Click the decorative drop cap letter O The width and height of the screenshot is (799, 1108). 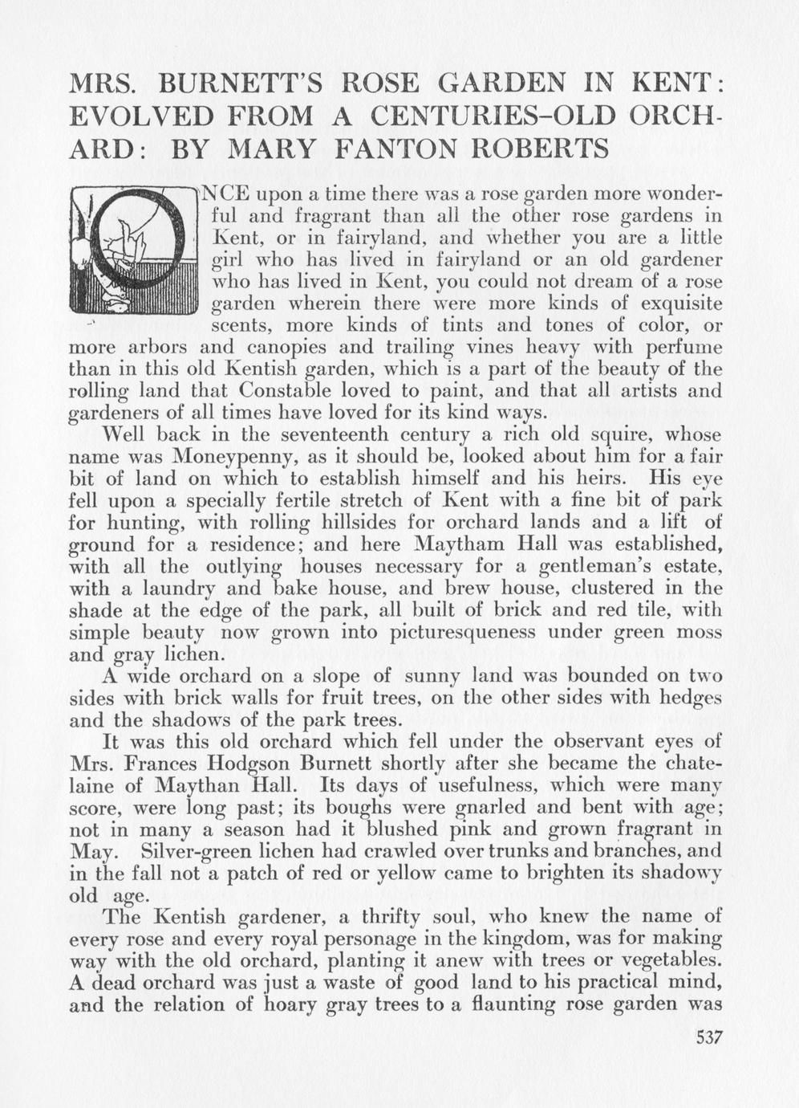133,250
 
